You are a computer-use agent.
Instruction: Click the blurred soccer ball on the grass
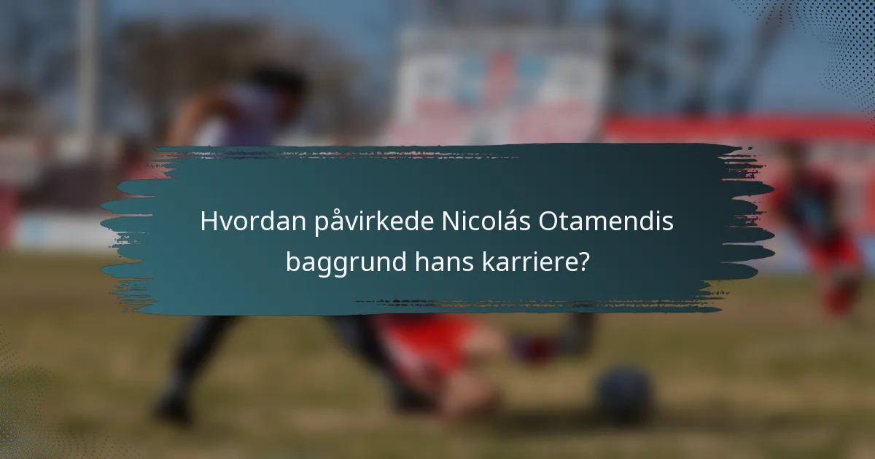point(623,393)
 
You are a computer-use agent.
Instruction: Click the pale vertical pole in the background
point(87,73)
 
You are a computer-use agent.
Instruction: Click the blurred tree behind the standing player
point(182,58)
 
